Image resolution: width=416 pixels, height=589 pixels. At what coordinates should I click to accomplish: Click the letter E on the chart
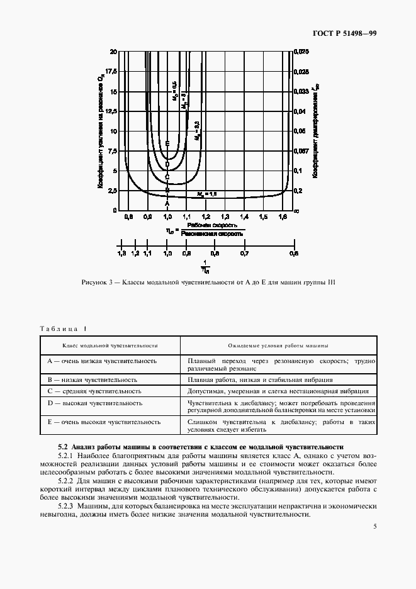coord(167,144)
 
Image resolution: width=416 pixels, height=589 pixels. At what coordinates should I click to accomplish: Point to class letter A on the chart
coord(167,203)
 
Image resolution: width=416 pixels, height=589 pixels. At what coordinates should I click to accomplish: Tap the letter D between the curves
coord(167,164)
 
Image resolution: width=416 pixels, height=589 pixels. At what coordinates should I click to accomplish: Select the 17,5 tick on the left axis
coord(112,71)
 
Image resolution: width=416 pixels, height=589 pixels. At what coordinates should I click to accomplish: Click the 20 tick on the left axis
coord(114,51)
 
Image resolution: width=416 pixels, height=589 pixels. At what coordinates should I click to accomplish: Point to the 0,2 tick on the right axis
coord(298,190)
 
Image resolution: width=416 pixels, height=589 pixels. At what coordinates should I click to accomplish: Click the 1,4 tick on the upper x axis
coord(244,216)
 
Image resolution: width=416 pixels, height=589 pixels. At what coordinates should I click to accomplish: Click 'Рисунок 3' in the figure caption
coord(96,282)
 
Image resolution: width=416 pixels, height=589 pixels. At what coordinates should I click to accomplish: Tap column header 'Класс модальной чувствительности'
coord(110,345)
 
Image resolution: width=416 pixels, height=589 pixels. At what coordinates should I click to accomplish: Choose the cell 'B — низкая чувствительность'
coord(93,380)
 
